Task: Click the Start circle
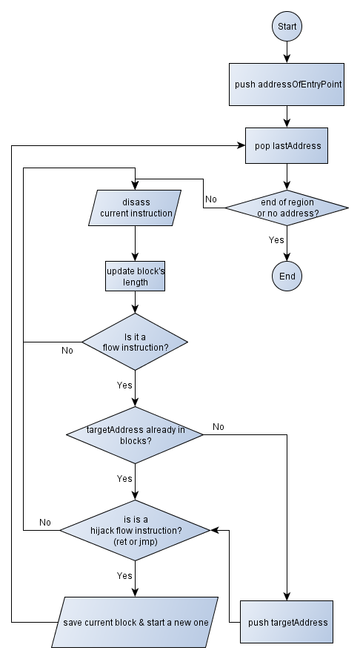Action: (287, 27)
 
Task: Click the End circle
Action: (287, 276)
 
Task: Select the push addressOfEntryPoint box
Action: (287, 85)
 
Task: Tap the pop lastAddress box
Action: (287, 145)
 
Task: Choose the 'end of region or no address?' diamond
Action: (287, 208)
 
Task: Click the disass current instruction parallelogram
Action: (135, 208)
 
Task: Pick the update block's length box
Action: (135, 276)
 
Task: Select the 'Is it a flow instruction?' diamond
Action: (135, 342)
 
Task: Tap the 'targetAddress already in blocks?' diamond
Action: (135, 435)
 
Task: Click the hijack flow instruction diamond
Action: (135, 531)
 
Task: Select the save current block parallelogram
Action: (135, 622)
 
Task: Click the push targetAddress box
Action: (287, 622)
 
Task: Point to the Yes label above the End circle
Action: (276, 240)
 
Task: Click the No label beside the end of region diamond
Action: (211, 199)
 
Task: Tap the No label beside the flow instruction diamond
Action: (67, 351)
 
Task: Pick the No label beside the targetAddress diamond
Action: (219, 426)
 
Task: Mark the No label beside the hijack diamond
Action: (45, 523)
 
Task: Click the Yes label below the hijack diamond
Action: (124, 576)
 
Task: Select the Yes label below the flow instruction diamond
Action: (124, 385)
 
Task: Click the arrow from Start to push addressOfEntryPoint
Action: (287, 53)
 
